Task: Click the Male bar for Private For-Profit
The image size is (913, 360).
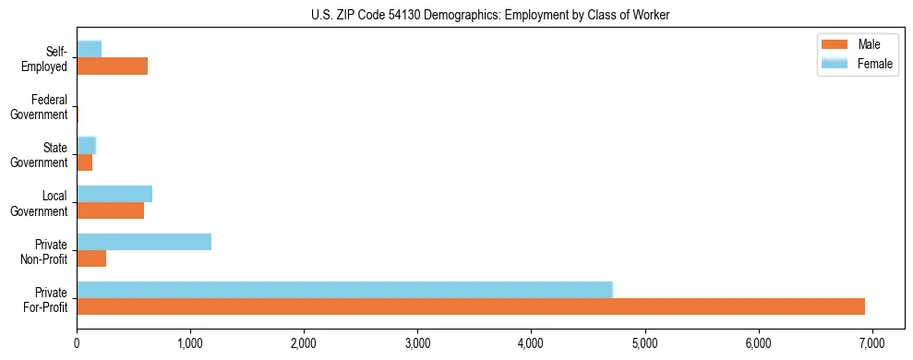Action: [471, 306]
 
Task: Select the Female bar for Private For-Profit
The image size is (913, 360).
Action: [344, 290]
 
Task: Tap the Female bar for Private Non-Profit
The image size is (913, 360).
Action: [144, 242]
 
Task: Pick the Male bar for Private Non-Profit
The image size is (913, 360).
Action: [91, 258]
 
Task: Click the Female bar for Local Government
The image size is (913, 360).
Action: [114, 194]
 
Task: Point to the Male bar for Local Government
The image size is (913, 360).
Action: [111, 210]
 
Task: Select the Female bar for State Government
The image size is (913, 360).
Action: [87, 145]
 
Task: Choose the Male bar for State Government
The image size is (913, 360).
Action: [85, 162]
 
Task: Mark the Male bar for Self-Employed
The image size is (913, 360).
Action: [113, 66]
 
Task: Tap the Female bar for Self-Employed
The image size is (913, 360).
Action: [90, 49]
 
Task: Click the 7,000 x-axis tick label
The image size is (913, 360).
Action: [871, 342]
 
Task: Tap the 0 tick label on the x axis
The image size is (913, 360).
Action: [77, 342]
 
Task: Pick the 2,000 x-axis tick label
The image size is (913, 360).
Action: [304, 342]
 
